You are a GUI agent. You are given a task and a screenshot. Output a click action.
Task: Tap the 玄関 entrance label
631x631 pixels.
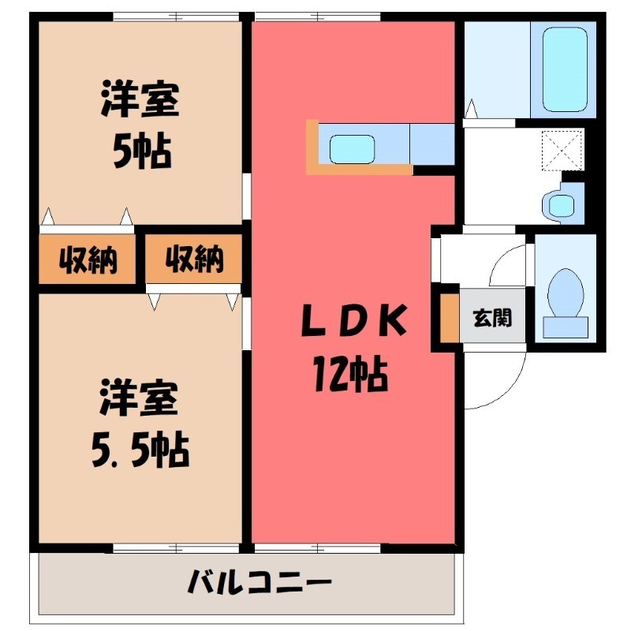(492, 319)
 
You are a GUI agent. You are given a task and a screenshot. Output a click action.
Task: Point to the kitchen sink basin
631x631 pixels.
(352, 147)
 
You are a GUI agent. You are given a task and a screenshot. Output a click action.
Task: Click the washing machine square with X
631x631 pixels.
(562, 148)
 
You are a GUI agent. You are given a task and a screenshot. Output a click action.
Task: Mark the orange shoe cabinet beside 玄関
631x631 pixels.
(450, 319)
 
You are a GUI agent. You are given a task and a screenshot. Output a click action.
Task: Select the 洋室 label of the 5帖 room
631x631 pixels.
(140, 101)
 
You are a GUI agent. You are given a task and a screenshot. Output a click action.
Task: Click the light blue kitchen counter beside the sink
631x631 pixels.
(432, 144)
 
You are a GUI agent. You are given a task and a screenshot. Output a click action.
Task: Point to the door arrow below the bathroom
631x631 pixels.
(471, 109)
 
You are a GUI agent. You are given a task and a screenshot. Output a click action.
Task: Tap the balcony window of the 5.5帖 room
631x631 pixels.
(177, 547)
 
